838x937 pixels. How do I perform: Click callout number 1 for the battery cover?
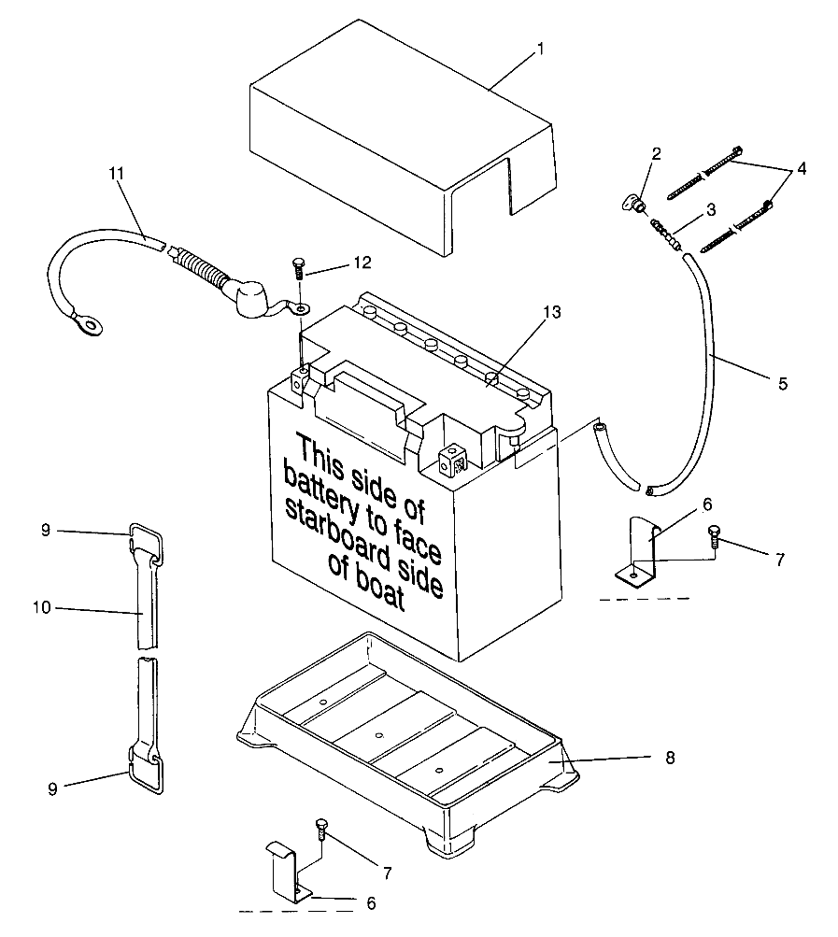(x=540, y=48)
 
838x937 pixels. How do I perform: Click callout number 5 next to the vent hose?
(x=782, y=383)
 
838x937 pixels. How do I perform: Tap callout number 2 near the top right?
(x=657, y=153)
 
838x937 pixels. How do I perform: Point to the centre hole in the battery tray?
(x=377, y=735)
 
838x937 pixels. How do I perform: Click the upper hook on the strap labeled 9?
(x=148, y=539)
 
